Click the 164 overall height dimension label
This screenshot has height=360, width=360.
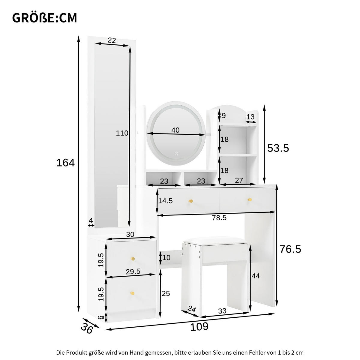pyautogui.click(x=65, y=163)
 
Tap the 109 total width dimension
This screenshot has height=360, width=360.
pyautogui.click(x=199, y=326)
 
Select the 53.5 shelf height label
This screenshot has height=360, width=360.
pyautogui.click(x=278, y=148)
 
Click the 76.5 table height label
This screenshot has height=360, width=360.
pyautogui.click(x=290, y=249)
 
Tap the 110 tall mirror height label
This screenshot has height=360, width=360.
pyautogui.click(x=122, y=133)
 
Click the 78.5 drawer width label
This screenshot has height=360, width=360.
pyautogui.click(x=219, y=218)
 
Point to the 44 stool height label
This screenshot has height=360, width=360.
pyautogui.click(x=256, y=276)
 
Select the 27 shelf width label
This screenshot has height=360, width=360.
pyautogui.click(x=239, y=181)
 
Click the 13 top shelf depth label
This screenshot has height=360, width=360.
pyautogui.click(x=250, y=117)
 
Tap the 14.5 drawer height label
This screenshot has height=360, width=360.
pyautogui.click(x=165, y=201)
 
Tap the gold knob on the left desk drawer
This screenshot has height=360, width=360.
pyautogui.click(x=190, y=201)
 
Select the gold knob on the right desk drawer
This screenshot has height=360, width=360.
pyautogui.click(x=249, y=200)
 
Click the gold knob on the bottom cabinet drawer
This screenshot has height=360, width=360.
pyautogui.click(x=132, y=293)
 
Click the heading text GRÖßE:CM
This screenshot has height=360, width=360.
pyautogui.click(x=44, y=18)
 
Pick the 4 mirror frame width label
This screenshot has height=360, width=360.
pyautogui.click(x=91, y=220)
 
